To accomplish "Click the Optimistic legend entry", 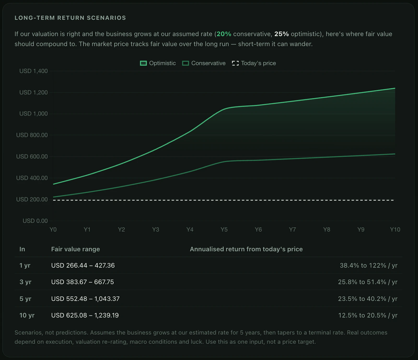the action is pyautogui.click(x=158, y=63).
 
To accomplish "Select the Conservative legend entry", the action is pyautogui.click(x=204, y=63).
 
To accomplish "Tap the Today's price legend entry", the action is pyautogui.click(x=254, y=63).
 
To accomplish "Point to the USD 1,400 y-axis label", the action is pyautogui.click(x=33, y=71).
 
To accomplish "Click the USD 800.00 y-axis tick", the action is pyautogui.click(x=32, y=135).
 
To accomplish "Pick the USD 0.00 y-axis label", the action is pyautogui.click(x=35, y=221).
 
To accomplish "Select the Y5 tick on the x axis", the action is pyautogui.click(x=224, y=229).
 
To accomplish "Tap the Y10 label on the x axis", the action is pyautogui.click(x=395, y=229).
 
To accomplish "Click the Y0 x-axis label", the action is pyautogui.click(x=53, y=229).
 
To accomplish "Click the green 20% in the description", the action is pyautogui.click(x=224, y=34).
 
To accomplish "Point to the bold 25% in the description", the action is pyautogui.click(x=282, y=34).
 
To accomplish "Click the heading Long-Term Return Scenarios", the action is pyautogui.click(x=70, y=18).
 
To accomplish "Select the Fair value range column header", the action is pyautogui.click(x=76, y=249).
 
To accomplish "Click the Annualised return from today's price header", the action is pyautogui.click(x=246, y=249).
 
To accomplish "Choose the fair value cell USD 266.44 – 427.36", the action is pyautogui.click(x=83, y=265).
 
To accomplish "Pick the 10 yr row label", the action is pyautogui.click(x=27, y=315).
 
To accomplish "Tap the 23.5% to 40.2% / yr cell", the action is pyautogui.click(x=368, y=299).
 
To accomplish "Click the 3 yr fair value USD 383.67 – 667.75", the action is pyautogui.click(x=83, y=282).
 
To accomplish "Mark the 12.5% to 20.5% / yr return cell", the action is pyautogui.click(x=368, y=315).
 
